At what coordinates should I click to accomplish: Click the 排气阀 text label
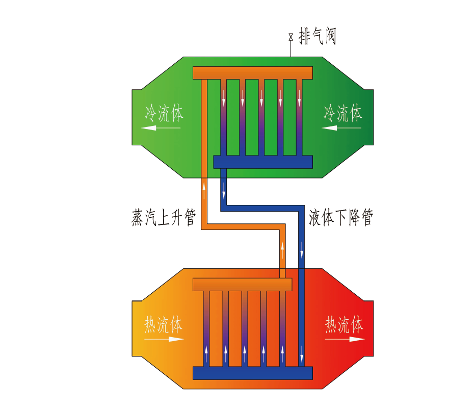coord(318,36)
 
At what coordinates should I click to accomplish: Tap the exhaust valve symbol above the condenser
coord(291,37)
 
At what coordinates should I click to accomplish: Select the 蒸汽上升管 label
coord(164,217)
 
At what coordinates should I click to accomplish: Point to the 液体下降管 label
coord(340,217)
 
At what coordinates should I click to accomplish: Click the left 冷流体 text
coord(164,113)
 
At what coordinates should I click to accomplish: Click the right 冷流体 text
coord(343,113)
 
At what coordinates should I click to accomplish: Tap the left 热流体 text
coord(164,324)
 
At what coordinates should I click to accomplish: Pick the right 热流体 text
coord(344,324)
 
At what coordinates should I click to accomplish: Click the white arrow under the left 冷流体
coord(161,128)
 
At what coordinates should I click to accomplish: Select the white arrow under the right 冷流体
coord(341,128)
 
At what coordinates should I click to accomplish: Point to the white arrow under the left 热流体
coord(164,339)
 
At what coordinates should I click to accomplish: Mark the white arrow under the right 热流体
coord(345,339)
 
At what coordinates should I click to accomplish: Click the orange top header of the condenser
coord(253,73)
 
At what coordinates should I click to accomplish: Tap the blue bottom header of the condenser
coord(263,162)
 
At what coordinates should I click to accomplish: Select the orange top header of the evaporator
coord(243,284)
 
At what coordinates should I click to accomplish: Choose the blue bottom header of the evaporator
coord(253,373)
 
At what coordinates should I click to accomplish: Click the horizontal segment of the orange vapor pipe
coord(243,226)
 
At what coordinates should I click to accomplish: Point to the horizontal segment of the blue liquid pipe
coord(262,209)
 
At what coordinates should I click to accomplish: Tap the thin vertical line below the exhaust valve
coord(291,48)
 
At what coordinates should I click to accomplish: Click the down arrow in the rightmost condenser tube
coord(299,98)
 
